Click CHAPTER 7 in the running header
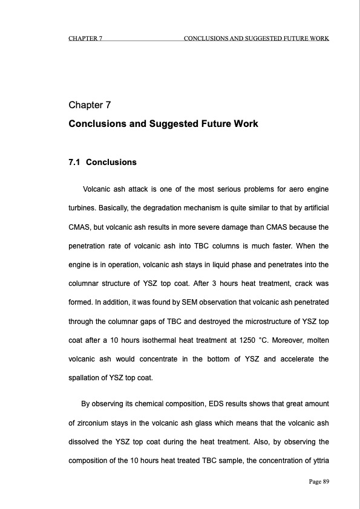click(x=85, y=39)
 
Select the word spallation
click(x=87, y=380)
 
